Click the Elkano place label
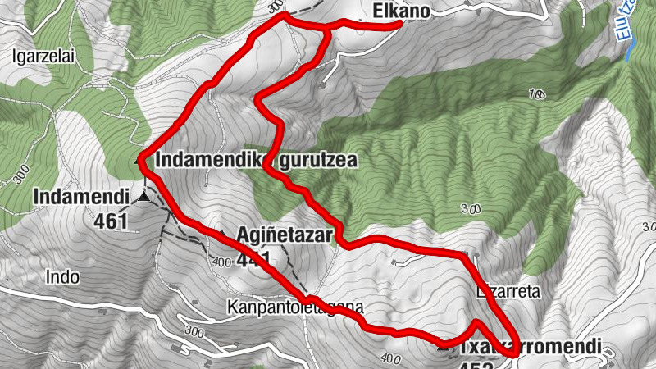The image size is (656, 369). click(402, 11)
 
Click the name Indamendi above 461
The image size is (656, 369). click(82, 197)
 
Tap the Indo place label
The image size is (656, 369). click(63, 276)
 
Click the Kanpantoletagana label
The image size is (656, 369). click(294, 307)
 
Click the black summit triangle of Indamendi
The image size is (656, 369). click(144, 196)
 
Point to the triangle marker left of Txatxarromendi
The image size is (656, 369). click(444, 346)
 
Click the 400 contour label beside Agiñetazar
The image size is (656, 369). click(220, 262)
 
